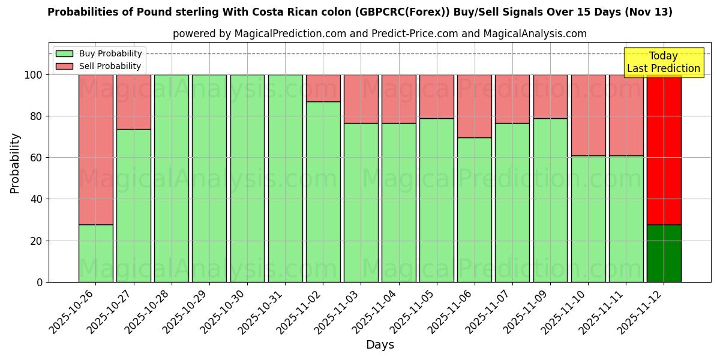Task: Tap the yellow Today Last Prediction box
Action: pos(663,62)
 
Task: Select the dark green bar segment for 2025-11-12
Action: pos(664,253)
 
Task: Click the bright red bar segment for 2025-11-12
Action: pos(664,149)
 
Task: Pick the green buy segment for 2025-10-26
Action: pos(95,253)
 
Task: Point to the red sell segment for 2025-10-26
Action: pos(95,149)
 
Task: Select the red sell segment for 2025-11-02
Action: pos(323,88)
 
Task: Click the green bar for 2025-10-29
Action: pos(209,178)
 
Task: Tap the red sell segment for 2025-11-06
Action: pos(475,106)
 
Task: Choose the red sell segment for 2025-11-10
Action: pos(588,115)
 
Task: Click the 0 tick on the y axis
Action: pos(40,282)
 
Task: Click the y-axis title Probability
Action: pos(15,163)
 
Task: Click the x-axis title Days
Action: pos(380,345)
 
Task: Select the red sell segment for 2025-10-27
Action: pos(133,102)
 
